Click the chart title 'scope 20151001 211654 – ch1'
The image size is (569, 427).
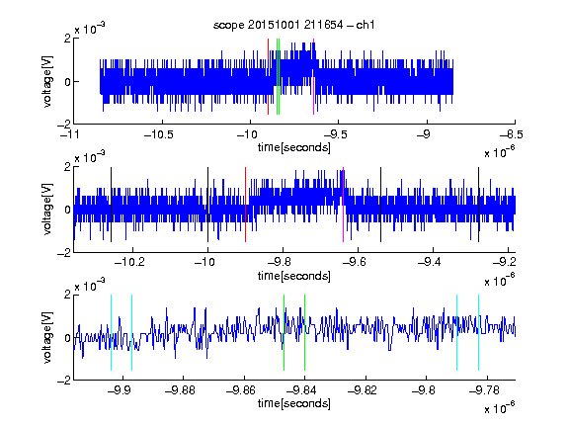coord(293,25)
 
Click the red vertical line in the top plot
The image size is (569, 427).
coord(268,77)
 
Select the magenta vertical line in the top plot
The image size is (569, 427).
coord(313,77)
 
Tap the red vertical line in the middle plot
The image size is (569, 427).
coord(245,205)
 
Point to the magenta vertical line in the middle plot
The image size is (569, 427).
coord(343,205)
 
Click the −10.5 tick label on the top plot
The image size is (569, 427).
coord(159,134)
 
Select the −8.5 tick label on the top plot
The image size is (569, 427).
coord(511,134)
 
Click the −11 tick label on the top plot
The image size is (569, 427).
coord(69,134)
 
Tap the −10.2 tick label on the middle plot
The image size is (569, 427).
coord(129,262)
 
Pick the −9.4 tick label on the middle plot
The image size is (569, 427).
coord(430,262)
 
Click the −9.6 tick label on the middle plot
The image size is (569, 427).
coord(355,262)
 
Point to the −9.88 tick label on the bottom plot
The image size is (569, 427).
coord(180,390)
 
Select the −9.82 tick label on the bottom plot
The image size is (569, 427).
coord(363,390)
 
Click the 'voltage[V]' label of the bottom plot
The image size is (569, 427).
coord(47,337)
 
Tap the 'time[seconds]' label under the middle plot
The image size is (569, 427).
coord(294,276)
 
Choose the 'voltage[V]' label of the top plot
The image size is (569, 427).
coord(47,81)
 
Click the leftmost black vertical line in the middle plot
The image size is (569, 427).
coord(111,205)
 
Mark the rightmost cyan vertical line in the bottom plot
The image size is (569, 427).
coord(478,332)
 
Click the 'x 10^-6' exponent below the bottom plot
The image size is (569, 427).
coord(499,408)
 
